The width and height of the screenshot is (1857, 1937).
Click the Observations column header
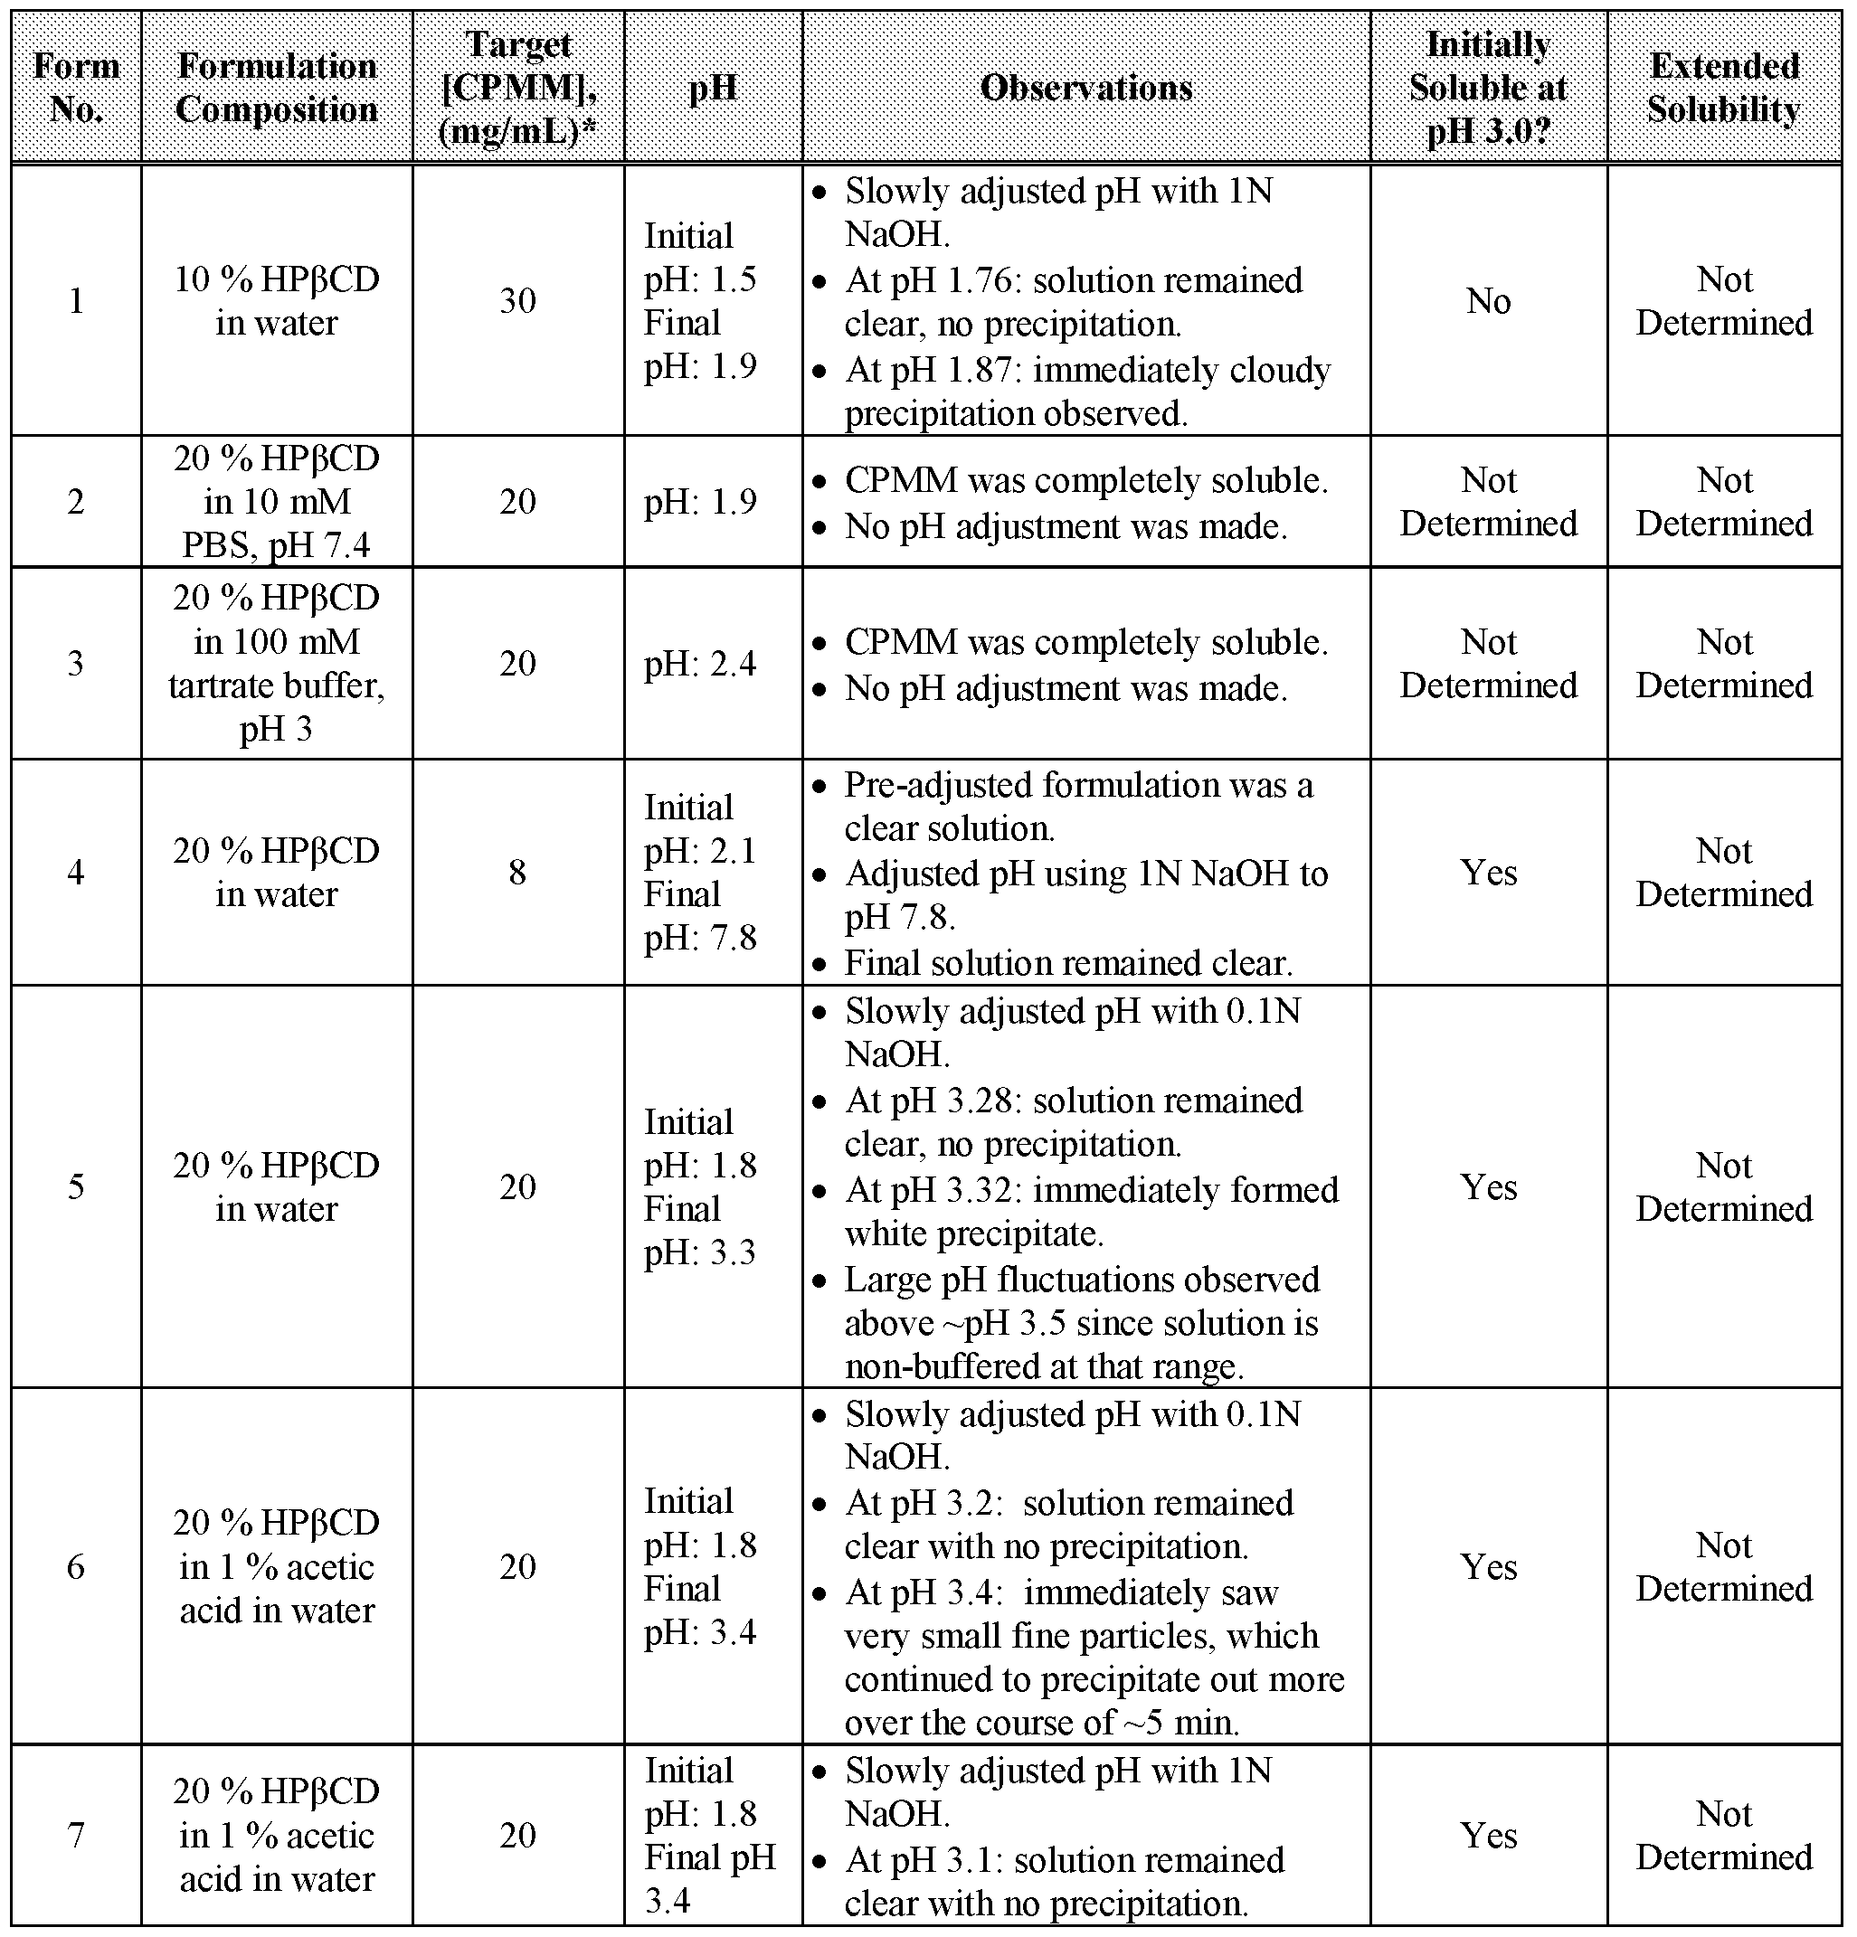1085,88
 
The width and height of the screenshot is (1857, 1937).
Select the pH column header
713,88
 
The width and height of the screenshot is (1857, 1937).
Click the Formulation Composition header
277,88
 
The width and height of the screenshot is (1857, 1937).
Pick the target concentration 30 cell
516,300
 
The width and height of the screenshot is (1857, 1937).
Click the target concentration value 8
516,872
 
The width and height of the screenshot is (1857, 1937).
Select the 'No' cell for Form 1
1488,300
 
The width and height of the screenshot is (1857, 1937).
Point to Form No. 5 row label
76,1186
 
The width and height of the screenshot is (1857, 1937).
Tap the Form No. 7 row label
76,1835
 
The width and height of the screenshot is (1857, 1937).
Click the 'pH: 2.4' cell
700,663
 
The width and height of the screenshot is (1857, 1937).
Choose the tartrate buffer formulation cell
277,663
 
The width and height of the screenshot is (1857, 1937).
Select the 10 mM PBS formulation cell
277,501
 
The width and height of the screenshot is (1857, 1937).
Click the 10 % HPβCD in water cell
277,300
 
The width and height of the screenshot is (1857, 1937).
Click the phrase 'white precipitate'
973,1234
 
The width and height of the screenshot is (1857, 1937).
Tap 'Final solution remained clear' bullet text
1067,962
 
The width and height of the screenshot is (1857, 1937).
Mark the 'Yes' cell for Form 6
1488,1566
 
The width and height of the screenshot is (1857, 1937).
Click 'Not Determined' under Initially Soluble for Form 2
1488,501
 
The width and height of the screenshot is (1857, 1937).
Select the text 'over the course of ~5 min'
1042,1723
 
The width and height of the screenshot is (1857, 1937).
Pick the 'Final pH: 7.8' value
700,916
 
